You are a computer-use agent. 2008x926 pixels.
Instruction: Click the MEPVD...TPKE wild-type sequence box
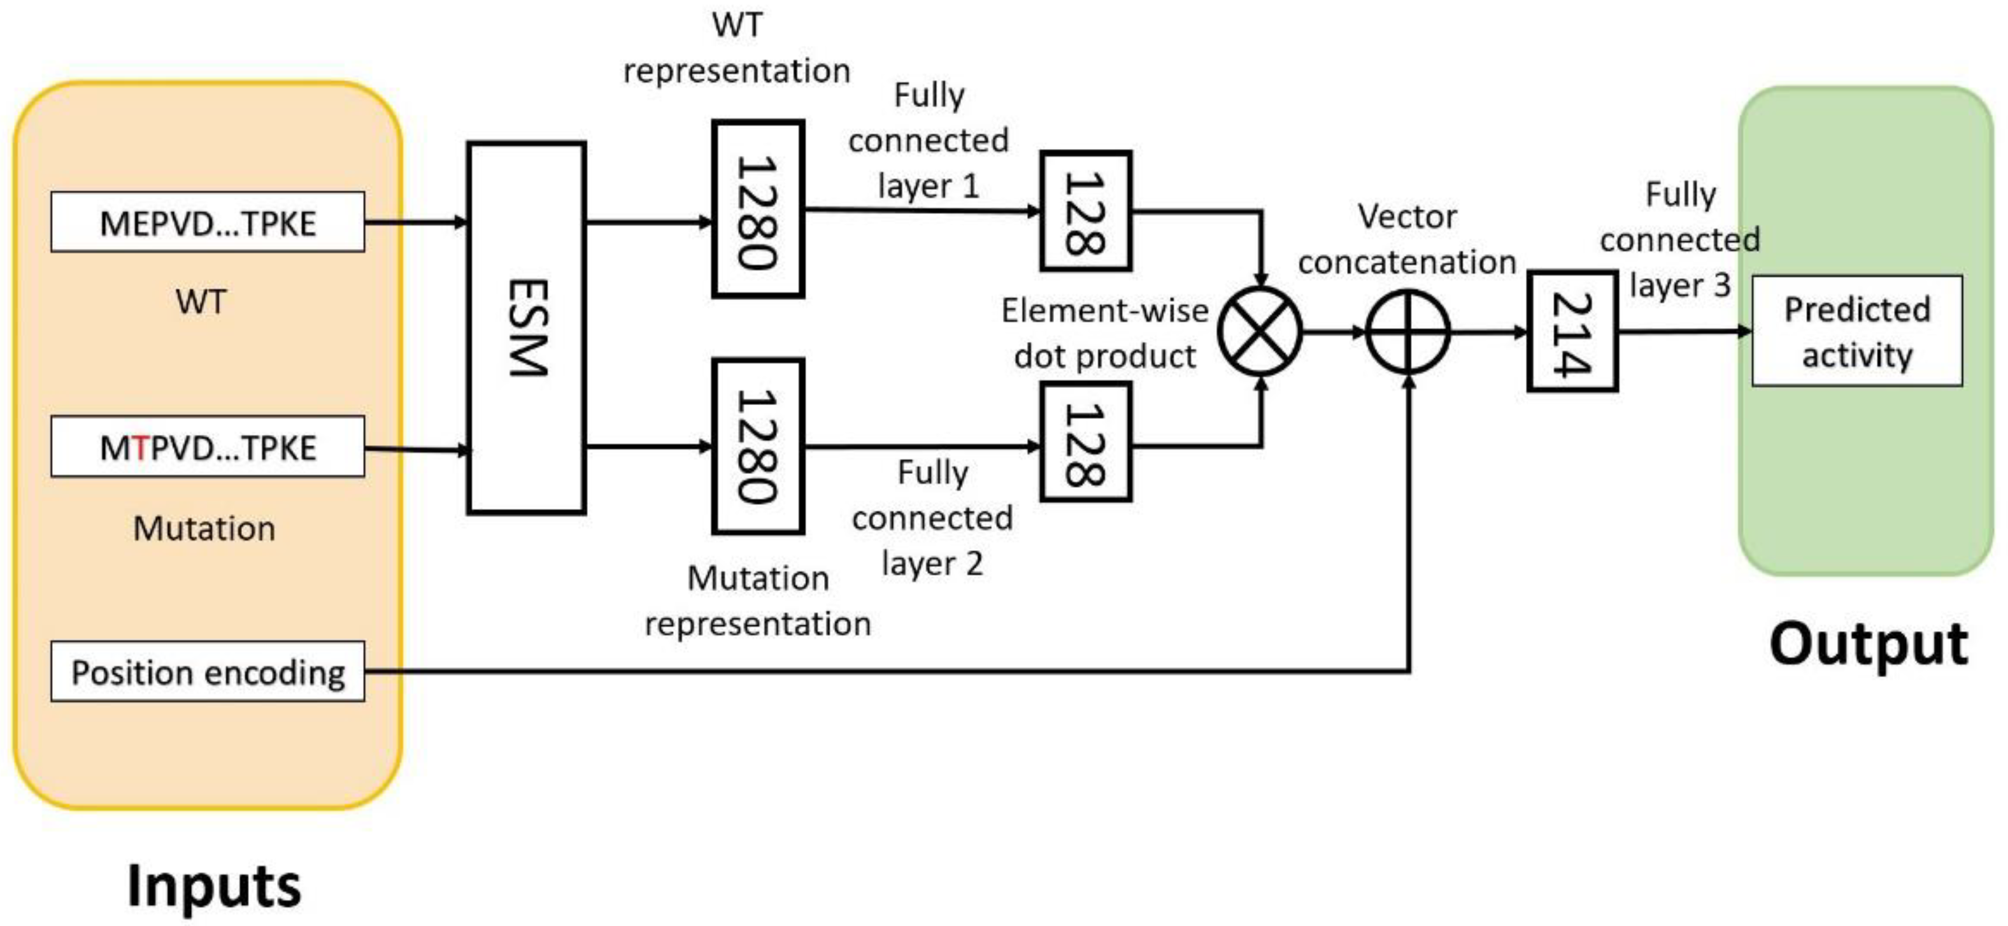coord(208,222)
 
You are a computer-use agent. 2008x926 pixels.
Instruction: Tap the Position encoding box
coord(208,671)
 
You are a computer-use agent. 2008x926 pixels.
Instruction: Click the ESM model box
coord(526,327)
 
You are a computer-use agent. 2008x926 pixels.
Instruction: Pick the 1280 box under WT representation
coord(758,209)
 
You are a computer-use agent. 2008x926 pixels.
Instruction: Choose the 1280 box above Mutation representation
coord(758,446)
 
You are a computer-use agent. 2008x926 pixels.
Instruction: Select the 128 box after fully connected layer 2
coord(1085,442)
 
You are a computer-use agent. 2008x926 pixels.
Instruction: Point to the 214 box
coord(1572,331)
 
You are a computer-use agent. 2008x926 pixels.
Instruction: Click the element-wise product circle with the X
coord(1260,331)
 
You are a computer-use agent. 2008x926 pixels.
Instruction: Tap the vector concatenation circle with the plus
coord(1408,332)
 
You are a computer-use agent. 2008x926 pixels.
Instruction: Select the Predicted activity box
coord(1857,331)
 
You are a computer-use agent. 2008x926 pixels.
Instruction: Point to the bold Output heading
coord(1869,644)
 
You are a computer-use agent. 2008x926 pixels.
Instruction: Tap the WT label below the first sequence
coord(201,302)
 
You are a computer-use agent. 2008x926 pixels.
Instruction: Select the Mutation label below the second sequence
coord(204,529)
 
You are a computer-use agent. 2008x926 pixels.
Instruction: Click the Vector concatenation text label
coord(1406,239)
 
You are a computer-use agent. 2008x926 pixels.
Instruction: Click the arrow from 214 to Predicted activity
coord(1684,331)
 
